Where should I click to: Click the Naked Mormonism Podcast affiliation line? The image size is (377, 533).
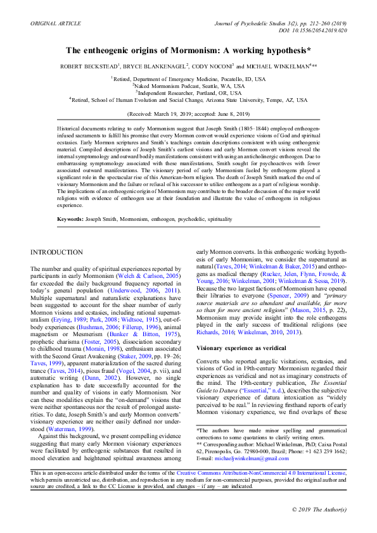point(188,85)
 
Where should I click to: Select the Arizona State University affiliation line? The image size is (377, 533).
point(188,99)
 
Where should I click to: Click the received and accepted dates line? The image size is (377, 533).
point(188,114)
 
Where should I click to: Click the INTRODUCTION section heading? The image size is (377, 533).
point(56,253)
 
